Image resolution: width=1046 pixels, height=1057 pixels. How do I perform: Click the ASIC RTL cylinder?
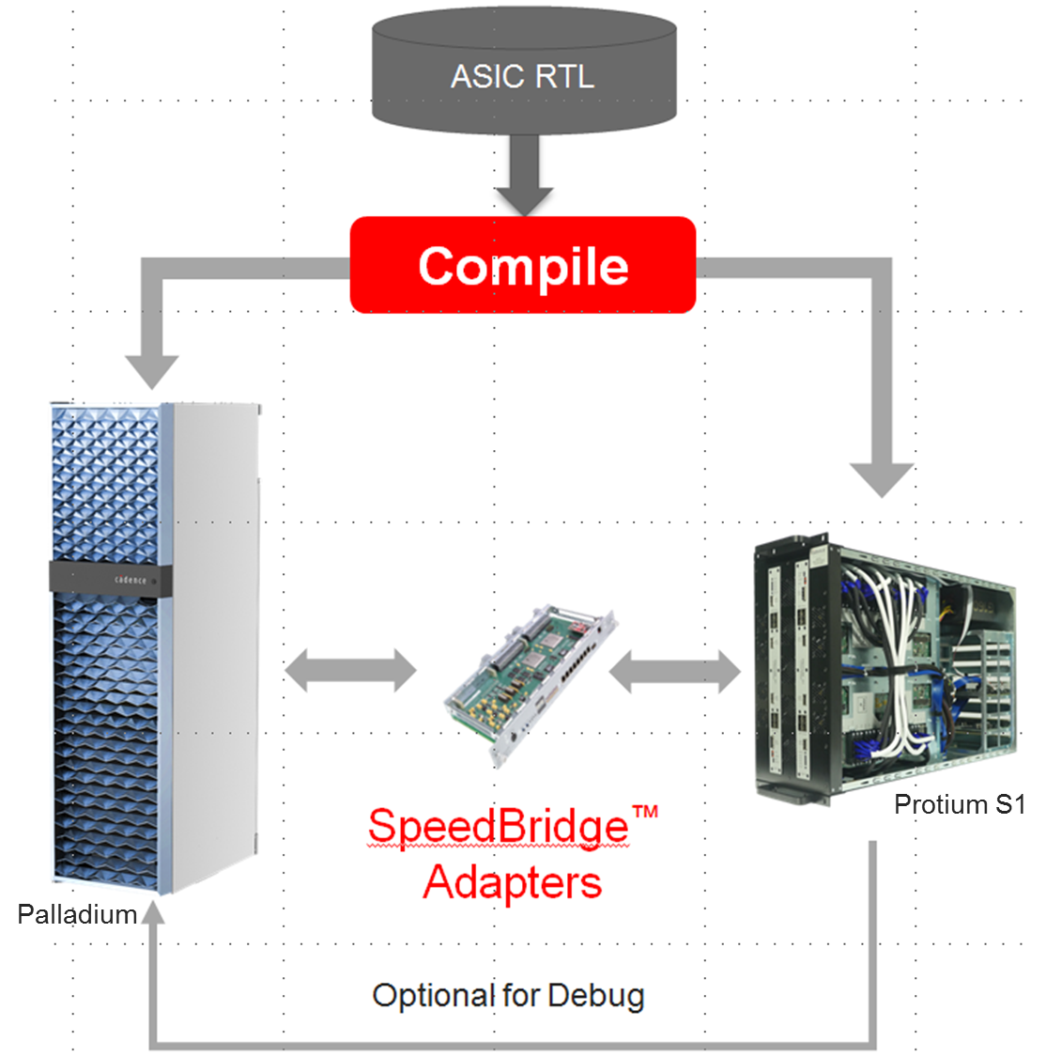click(524, 75)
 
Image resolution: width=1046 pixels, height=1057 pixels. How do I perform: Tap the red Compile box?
click(523, 266)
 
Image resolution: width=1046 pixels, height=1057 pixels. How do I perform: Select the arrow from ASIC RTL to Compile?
click(524, 174)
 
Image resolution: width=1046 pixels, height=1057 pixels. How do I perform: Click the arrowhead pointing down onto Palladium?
click(152, 370)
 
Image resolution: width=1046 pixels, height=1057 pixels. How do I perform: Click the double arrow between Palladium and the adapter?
click(350, 671)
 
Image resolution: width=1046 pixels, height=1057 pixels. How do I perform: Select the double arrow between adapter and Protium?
click(675, 671)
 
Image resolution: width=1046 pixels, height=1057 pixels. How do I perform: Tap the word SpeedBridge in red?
click(498, 827)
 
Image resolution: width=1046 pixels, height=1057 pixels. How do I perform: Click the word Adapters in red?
click(513, 882)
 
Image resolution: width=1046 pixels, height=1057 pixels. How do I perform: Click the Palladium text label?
click(78, 914)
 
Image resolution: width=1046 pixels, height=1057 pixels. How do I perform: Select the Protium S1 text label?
click(959, 804)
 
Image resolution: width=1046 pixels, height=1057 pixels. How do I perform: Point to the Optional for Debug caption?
click(508, 996)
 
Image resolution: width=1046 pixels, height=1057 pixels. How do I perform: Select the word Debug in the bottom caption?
click(596, 996)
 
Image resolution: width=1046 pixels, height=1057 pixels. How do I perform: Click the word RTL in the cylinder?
click(563, 76)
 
